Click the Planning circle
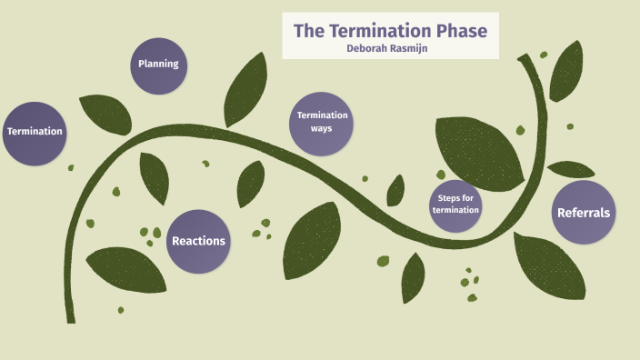[158, 65]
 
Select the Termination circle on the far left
[35, 132]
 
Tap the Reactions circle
[198, 241]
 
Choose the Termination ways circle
[321, 123]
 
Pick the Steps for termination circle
[455, 205]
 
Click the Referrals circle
[583, 213]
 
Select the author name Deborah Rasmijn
[390, 49]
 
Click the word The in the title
[308, 31]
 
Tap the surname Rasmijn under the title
[410, 49]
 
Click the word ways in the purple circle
[321, 129]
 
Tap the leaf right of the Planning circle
[245, 89]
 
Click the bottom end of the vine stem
[70, 318]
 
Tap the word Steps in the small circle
[455, 198]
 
